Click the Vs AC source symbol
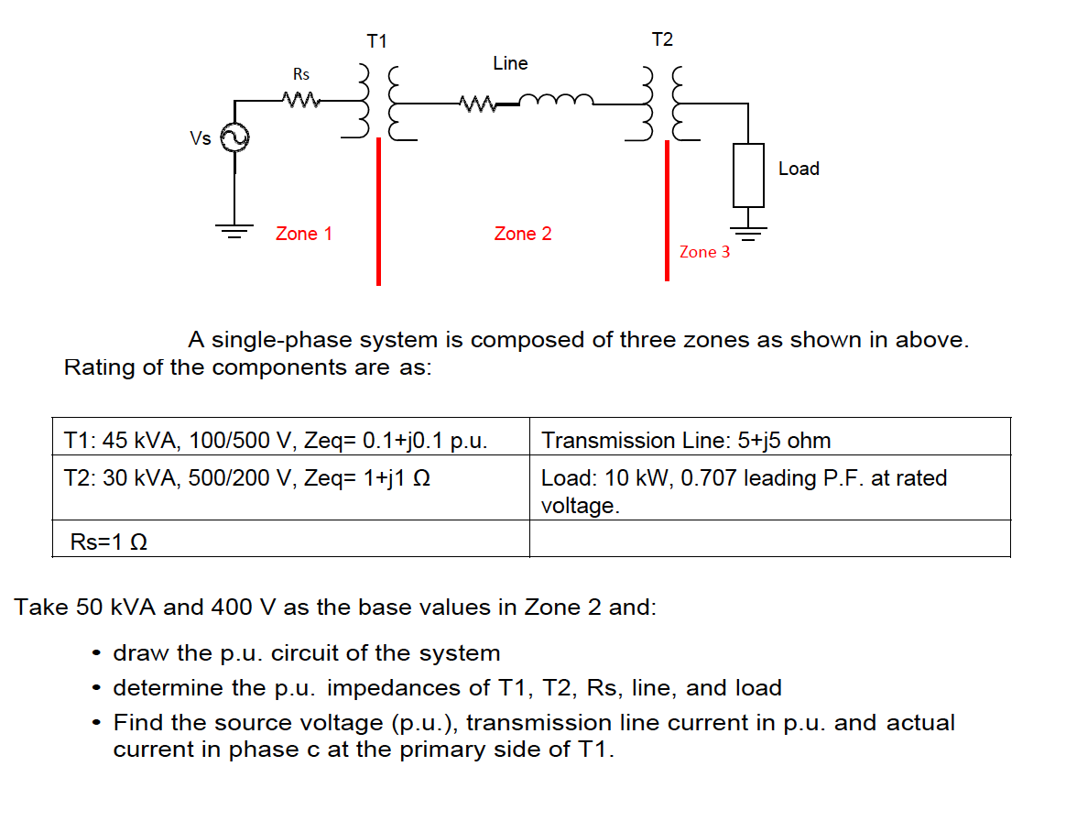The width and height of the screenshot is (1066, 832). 234,137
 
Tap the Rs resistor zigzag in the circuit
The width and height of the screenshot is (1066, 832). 300,99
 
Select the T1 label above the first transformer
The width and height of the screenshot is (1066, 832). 376,41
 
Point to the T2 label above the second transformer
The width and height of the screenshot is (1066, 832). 662,39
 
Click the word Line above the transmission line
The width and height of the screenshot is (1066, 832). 510,63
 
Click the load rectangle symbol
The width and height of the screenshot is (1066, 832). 748,174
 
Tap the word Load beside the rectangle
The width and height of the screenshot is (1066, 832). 799,169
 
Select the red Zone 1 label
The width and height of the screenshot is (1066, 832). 304,234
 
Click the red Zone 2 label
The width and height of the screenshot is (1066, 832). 523,234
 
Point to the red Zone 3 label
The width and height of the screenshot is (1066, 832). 705,252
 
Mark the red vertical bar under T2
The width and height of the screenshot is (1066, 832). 667,211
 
